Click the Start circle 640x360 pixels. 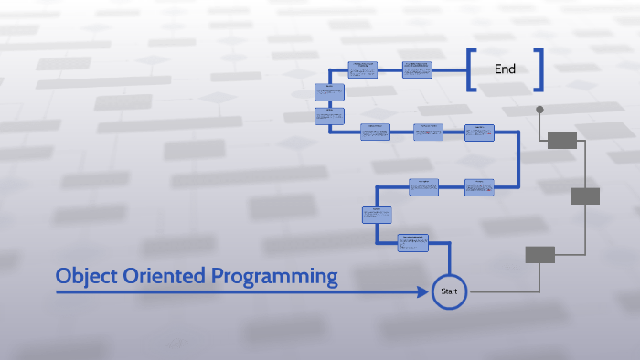(449, 291)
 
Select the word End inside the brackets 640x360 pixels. (505, 69)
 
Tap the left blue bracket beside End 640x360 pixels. (471, 70)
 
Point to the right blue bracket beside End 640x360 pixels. (539, 70)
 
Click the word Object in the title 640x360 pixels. (87, 275)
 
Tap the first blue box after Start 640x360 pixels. (412, 243)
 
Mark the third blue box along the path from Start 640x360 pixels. (423, 186)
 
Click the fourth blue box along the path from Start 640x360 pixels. (478, 187)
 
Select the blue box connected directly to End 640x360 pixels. (417, 69)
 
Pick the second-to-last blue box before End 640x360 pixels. (362, 69)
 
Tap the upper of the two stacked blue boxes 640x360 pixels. (329, 91)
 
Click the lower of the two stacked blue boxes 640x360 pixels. (329, 116)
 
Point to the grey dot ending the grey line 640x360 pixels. (539, 110)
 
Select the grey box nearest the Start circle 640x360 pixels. (539, 255)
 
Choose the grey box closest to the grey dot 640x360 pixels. (562, 140)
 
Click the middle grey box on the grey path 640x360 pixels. (585, 196)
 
